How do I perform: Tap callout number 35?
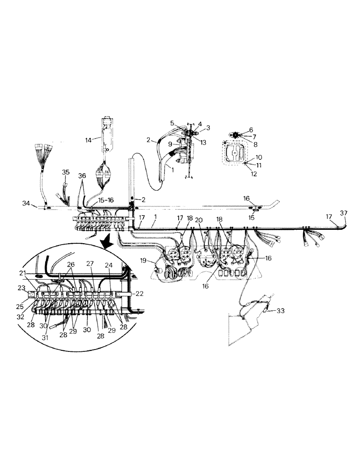66,172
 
